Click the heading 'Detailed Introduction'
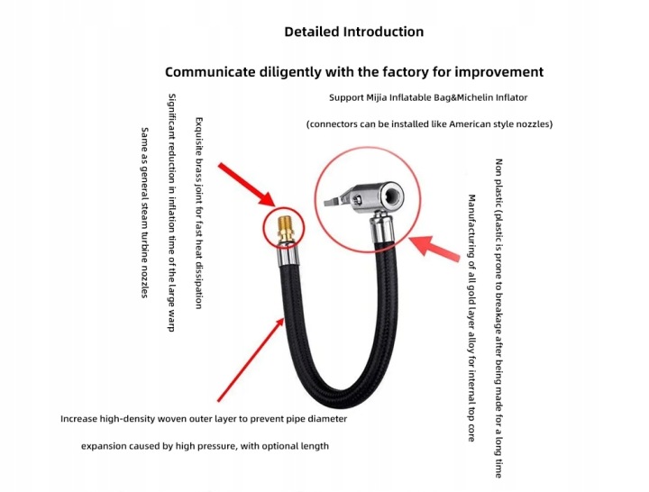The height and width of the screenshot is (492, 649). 354,32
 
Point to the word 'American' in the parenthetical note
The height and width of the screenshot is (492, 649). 467,124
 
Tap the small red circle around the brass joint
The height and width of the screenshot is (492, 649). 264,227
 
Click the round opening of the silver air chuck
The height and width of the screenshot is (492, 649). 392,194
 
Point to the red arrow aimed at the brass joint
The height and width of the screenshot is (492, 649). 246,184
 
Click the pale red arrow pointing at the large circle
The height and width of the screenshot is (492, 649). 434,248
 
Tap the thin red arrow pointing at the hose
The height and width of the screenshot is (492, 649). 251,360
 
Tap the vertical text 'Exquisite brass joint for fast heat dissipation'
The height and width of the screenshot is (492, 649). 199,213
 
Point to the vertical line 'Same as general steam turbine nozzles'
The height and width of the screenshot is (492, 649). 144,213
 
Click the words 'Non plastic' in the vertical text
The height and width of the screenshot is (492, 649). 498,183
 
